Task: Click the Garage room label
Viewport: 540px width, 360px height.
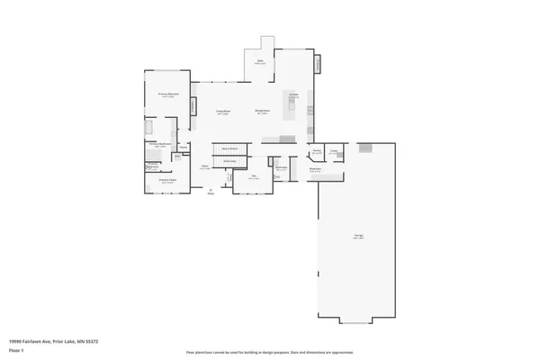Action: click(358, 237)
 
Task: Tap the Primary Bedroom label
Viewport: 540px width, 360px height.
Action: click(166, 94)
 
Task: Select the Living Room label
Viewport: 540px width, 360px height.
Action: click(221, 112)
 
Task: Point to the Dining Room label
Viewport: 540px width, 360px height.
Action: click(264, 112)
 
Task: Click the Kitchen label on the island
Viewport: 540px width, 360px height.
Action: click(293, 95)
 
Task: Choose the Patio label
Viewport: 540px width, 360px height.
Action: click(258, 63)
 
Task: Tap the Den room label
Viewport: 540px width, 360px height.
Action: click(255, 177)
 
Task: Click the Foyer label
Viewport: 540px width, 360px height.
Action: click(205, 167)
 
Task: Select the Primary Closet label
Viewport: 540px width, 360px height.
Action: click(166, 181)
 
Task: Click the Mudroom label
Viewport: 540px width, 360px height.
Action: click(316, 168)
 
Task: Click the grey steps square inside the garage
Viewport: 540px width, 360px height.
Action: click(364, 148)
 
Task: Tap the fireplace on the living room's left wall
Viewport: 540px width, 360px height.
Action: click(193, 106)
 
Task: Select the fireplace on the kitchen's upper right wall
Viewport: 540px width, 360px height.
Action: click(317, 63)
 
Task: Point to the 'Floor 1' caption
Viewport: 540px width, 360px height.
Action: click(16, 350)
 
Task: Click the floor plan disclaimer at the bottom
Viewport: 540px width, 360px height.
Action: click(270, 352)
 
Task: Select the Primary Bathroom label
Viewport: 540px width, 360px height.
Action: click(160, 145)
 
